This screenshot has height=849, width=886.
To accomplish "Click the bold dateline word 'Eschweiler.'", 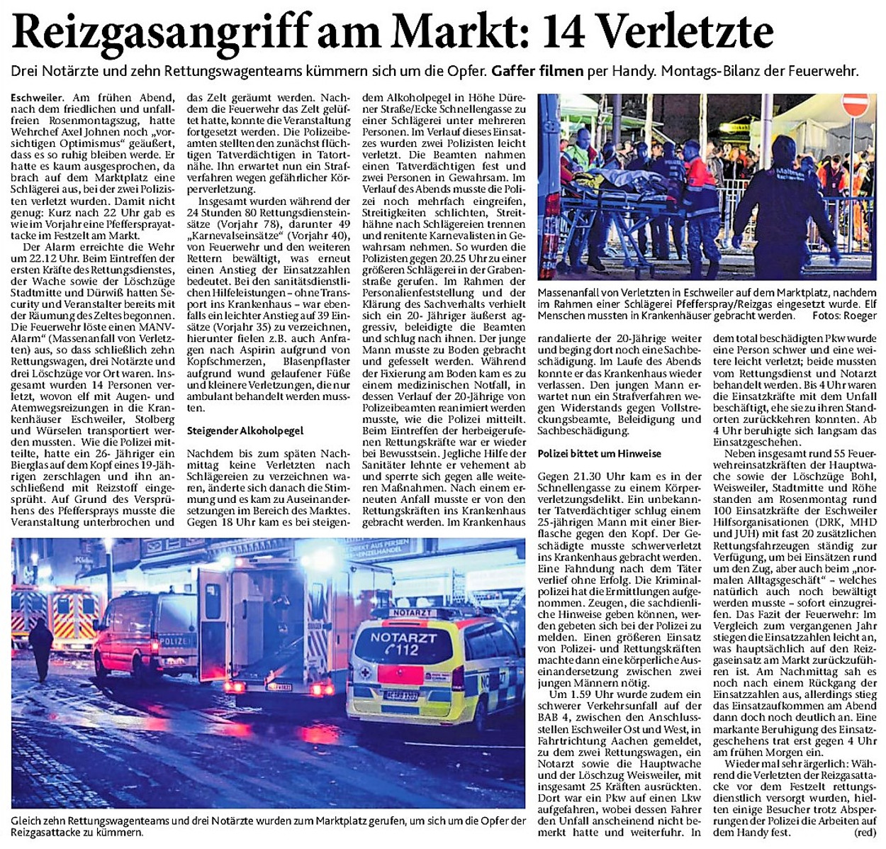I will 40,97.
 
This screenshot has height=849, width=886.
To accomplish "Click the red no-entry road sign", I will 856,106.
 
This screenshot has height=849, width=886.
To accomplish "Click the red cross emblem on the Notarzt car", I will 362,672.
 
